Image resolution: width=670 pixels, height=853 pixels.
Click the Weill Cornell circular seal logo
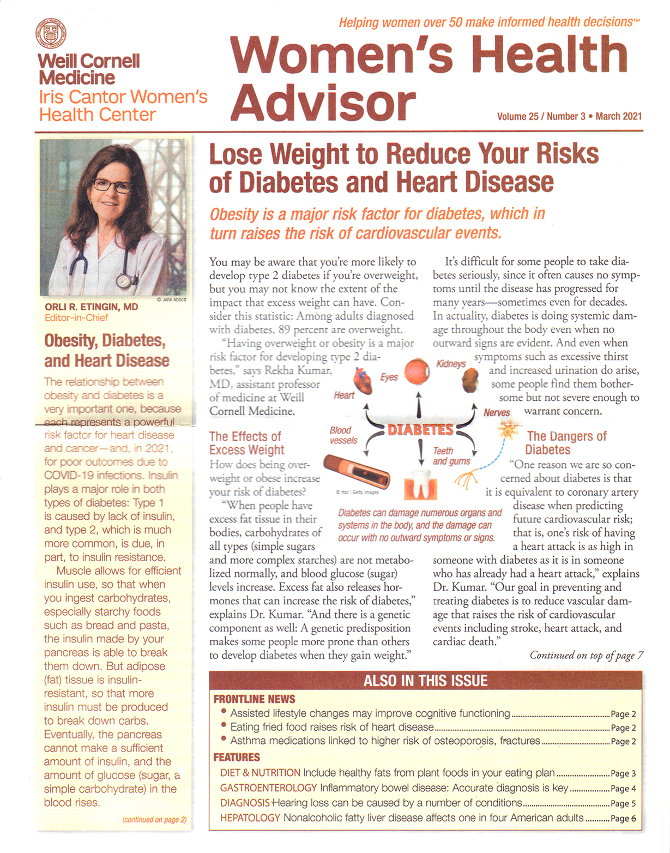coord(51,33)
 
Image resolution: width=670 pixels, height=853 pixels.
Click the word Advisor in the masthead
coord(323,102)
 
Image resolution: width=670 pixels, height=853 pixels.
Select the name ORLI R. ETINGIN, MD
coord(92,307)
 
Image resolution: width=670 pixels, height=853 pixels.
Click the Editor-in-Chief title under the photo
coord(76,317)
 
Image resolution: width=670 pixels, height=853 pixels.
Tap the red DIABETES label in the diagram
coord(420,430)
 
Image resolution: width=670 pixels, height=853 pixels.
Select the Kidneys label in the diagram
coord(451,364)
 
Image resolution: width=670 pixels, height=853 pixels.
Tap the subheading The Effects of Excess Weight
coord(246,443)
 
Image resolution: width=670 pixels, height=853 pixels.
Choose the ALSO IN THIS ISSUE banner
coord(425,681)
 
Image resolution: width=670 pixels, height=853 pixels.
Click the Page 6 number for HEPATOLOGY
coord(623,818)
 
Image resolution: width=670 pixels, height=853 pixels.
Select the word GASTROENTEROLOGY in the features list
coord(268,788)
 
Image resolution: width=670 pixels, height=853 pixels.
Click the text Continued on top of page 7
coord(586,656)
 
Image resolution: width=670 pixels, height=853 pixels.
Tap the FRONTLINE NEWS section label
coord(254,699)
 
